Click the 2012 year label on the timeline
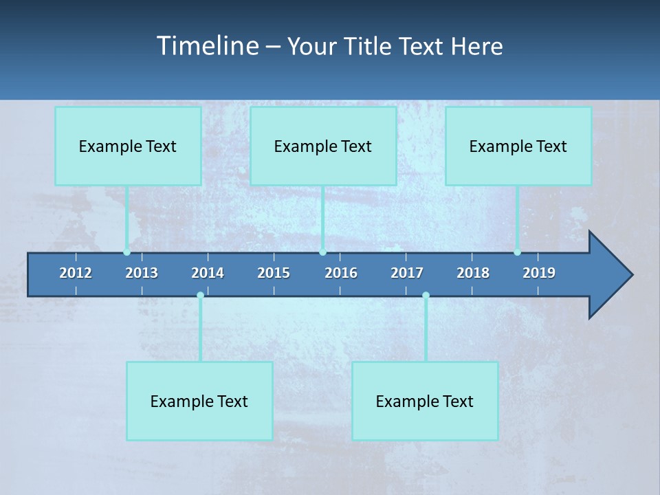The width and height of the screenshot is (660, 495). (x=76, y=273)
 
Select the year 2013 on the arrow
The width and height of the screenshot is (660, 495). (x=142, y=273)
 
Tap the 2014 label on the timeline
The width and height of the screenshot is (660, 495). (x=208, y=273)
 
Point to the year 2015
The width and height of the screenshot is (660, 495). (x=274, y=273)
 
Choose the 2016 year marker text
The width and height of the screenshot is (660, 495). (x=341, y=273)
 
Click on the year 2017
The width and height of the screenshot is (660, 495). (x=407, y=273)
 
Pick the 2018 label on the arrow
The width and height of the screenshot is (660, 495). (x=473, y=273)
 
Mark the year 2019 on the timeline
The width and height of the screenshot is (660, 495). (x=539, y=273)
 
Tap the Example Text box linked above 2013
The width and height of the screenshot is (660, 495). (x=128, y=146)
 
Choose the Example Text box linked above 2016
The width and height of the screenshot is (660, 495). (x=323, y=146)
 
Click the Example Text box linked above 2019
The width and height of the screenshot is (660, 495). (x=518, y=146)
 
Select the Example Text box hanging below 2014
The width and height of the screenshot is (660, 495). (x=199, y=401)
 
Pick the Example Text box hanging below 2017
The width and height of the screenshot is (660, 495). (x=425, y=401)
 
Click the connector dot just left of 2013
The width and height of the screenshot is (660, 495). (x=126, y=252)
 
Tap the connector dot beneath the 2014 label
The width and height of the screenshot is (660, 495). (x=200, y=296)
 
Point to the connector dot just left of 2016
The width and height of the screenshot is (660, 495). (x=322, y=252)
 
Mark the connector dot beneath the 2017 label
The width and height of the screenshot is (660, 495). (x=426, y=296)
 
